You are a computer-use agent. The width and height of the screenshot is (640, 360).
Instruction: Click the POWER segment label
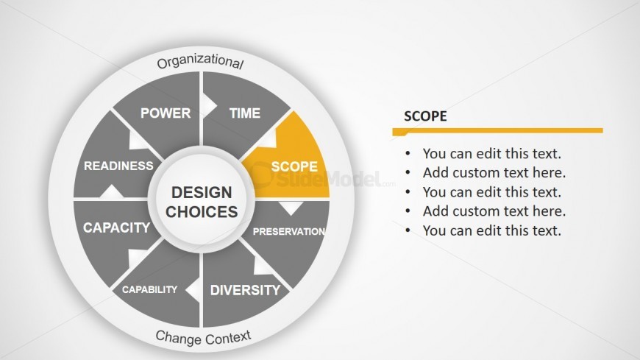coord(166,113)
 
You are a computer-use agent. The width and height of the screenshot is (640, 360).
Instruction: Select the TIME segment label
coord(245,113)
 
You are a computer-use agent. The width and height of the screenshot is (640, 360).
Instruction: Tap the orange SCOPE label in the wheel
coord(294,166)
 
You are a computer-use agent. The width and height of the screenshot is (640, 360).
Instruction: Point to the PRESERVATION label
coord(289,232)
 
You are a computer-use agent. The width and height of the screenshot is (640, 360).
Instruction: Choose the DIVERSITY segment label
coord(245,290)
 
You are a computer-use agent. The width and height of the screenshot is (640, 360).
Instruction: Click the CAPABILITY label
coord(150,290)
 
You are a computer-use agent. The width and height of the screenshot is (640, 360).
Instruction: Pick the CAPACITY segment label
coord(117,227)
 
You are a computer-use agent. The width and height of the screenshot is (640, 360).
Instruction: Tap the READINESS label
coord(118,166)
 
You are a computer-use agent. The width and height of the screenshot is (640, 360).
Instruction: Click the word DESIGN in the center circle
coord(202,192)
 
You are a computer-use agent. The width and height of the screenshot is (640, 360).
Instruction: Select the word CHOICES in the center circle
coord(202,212)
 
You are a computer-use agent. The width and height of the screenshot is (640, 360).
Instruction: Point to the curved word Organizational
coord(200,60)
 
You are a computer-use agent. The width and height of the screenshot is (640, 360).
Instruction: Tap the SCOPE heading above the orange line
coord(425,116)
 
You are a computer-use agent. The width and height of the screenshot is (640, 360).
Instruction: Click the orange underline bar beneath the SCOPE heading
coord(497,131)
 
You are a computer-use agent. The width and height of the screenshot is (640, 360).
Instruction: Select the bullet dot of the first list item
coord(408,154)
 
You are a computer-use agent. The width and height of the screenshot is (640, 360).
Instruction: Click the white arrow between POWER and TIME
coord(209,106)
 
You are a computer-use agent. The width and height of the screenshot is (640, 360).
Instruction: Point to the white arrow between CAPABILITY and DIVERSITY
coord(193,290)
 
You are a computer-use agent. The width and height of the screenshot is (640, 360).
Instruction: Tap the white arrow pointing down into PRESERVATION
coord(291,208)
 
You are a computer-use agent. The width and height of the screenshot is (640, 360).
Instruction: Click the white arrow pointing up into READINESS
coord(111,191)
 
